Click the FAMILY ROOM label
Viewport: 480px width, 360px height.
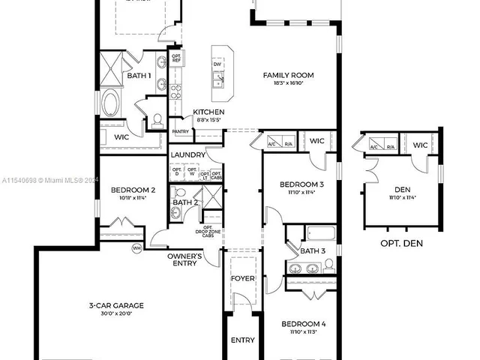tap(288, 75)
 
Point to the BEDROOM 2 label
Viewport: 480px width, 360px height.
tap(132, 190)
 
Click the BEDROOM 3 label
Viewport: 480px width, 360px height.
tap(301, 184)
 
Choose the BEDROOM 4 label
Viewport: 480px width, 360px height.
tap(304, 324)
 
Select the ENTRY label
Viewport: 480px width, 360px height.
tap(242, 340)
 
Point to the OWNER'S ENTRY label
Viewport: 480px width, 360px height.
tap(184, 259)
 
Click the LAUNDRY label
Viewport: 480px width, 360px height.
tap(187, 155)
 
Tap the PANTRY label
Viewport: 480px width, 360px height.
tap(181, 131)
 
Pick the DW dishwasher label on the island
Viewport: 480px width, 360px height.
tap(217, 64)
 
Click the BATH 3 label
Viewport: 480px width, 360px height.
tap(313, 250)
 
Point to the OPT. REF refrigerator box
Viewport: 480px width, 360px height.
tap(177, 58)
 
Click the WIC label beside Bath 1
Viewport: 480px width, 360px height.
tap(122, 137)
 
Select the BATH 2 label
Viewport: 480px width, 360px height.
tap(185, 202)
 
